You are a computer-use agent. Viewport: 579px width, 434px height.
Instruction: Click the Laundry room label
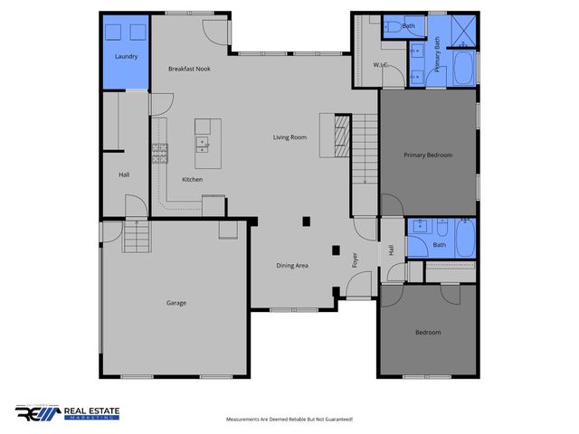point(125,57)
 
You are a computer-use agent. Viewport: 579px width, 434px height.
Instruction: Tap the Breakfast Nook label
point(188,69)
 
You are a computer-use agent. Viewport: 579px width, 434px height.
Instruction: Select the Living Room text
point(290,137)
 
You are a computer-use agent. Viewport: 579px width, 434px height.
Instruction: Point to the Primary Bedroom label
point(427,155)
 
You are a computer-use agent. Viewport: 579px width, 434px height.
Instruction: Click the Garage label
point(176,303)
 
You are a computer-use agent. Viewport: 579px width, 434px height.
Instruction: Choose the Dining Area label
point(292,266)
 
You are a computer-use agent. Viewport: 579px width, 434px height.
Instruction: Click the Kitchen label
point(192,179)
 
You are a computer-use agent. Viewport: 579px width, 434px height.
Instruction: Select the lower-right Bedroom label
point(428,333)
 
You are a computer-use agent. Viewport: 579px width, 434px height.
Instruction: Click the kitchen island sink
point(201,142)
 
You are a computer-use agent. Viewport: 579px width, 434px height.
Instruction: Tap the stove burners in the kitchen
point(160,152)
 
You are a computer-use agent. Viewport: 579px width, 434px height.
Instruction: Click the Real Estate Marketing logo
point(67,413)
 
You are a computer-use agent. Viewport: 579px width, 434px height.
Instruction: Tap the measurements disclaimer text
point(289,420)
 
